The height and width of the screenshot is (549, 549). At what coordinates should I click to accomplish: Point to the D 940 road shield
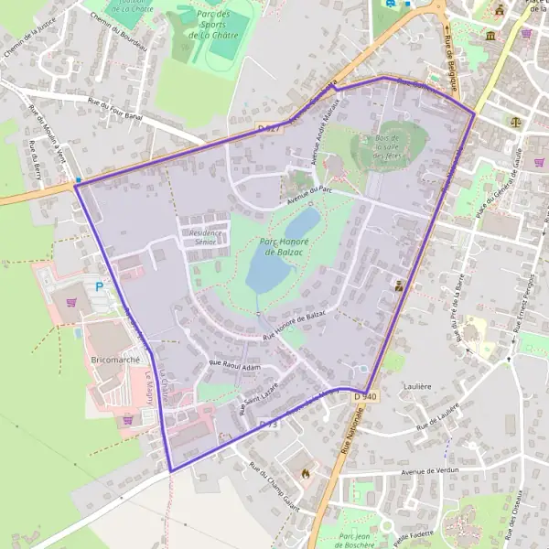pyautogui.click(x=364, y=395)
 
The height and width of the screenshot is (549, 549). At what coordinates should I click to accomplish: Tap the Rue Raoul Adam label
pyautogui.click(x=235, y=367)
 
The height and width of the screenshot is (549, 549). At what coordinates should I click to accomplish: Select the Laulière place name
pyautogui.click(x=416, y=387)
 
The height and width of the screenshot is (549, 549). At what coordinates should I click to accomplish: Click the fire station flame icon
pyautogui.click(x=305, y=473)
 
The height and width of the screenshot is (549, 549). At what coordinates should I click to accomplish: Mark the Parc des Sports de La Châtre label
pyautogui.click(x=213, y=25)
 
